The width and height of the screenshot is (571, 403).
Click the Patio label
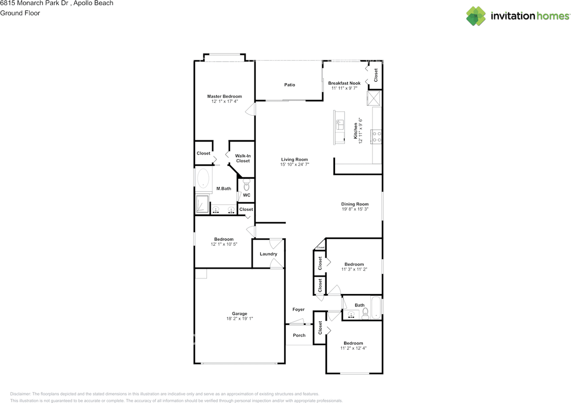(x=290, y=85)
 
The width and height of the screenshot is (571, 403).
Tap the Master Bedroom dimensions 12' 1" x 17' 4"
(x=224, y=101)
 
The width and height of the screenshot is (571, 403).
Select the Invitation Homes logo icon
(x=476, y=16)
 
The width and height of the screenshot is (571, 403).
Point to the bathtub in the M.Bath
(x=203, y=178)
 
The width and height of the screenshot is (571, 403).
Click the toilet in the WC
(x=246, y=185)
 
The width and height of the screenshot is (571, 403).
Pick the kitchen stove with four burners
(x=376, y=137)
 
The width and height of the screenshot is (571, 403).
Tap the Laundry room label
(x=269, y=254)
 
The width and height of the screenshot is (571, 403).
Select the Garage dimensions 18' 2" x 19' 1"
(x=240, y=319)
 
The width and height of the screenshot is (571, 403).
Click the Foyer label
(x=298, y=310)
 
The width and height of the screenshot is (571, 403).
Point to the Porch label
(x=299, y=336)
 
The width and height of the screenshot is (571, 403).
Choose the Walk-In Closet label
(x=243, y=158)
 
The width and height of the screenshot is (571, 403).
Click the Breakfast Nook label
(x=344, y=83)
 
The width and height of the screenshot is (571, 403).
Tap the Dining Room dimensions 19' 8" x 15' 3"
(x=355, y=209)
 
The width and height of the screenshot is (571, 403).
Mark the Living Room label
(x=294, y=160)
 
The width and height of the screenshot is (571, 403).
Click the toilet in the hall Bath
(x=365, y=314)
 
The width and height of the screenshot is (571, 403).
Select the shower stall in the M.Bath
(x=202, y=204)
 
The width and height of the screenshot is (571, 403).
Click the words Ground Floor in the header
(x=20, y=13)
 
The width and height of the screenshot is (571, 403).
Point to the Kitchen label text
(x=356, y=131)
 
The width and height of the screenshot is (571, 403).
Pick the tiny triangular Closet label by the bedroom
(x=321, y=248)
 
